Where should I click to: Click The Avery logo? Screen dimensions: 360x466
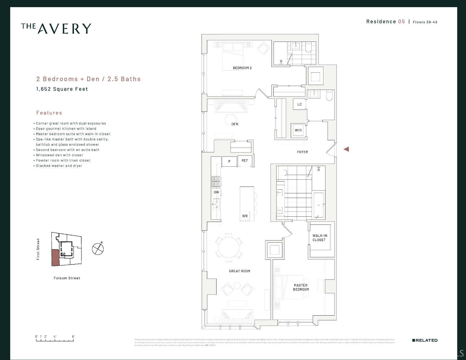point(56,28)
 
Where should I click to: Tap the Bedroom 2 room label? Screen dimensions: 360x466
point(242,68)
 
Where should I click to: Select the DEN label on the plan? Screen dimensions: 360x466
point(235,124)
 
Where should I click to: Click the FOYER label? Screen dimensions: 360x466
point(302,152)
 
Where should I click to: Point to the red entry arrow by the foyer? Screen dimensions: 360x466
point(346,149)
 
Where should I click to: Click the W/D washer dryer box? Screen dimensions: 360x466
point(298,130)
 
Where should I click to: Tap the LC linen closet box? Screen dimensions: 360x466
point(299,104)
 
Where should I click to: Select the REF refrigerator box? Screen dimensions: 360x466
point(245,161)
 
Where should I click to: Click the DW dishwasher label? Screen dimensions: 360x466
point(216,192)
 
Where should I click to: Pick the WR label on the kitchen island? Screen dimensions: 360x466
point(245,216)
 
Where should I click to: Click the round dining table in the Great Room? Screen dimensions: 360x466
point(229,248)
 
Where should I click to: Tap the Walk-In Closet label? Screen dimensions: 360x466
point(319,238)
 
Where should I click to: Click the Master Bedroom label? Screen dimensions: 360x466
point(301,287)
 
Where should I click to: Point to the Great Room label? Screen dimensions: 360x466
point(239,271)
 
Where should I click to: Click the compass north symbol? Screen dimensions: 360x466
point(98,249)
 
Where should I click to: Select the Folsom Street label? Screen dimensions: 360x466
point(67,278)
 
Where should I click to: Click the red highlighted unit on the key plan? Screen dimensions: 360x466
point(55,257)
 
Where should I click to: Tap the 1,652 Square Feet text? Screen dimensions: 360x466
point(62,89)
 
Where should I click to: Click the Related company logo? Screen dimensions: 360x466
point(425,340)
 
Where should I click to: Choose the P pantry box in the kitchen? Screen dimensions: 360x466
point(229,161)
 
